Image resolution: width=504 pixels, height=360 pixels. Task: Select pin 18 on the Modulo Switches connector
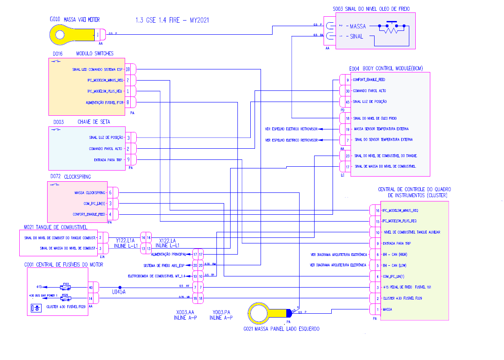128,69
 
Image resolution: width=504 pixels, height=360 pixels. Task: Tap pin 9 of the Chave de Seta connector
128,160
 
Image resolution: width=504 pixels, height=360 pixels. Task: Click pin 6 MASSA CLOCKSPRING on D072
111,192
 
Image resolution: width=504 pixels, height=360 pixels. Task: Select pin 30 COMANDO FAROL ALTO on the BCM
347,91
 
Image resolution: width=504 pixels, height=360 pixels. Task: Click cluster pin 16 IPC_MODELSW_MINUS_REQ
378,210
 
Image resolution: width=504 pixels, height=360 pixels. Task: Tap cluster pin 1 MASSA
378,309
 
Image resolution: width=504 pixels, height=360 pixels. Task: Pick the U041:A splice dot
120,287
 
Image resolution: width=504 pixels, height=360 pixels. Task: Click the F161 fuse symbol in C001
66,287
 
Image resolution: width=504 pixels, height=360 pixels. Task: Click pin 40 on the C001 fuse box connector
91,287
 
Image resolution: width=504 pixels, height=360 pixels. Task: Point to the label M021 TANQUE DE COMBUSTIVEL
56,227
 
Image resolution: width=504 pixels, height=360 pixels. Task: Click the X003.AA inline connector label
182,312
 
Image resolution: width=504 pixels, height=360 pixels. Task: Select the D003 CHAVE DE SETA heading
81,122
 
